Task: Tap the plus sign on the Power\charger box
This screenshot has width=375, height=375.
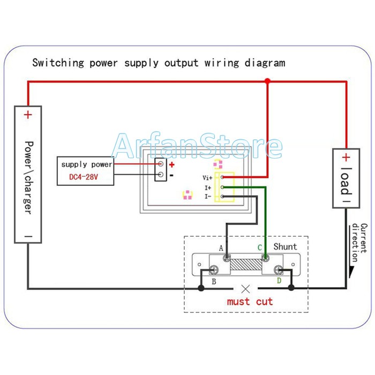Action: pos(28,115)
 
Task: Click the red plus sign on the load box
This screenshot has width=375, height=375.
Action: pos(346,157)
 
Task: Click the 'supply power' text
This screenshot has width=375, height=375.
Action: pos(86,164)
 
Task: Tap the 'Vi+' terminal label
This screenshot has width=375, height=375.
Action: pos(207,177)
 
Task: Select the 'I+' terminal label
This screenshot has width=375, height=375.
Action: pos(208,187)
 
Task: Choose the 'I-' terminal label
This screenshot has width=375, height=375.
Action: pos(208,197)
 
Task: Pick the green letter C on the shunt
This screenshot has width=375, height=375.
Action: pos(260,247)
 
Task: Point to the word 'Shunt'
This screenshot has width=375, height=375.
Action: pos(285,247)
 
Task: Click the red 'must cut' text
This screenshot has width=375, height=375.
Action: pos(250,302)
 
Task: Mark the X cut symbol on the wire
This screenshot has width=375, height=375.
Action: pos(246,288)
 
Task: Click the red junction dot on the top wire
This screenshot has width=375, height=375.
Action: pos(267,81)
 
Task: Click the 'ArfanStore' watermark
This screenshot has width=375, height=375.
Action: pos(198,146)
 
